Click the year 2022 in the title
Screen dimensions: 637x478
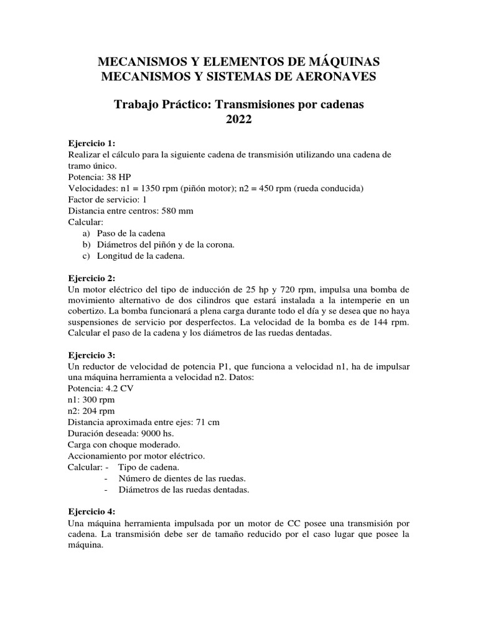[x=238, y=120]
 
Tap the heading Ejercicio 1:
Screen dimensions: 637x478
[x=91, y=143]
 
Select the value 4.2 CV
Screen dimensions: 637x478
[x=120, y=388]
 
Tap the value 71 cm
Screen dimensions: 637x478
[x=205, y=422]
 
